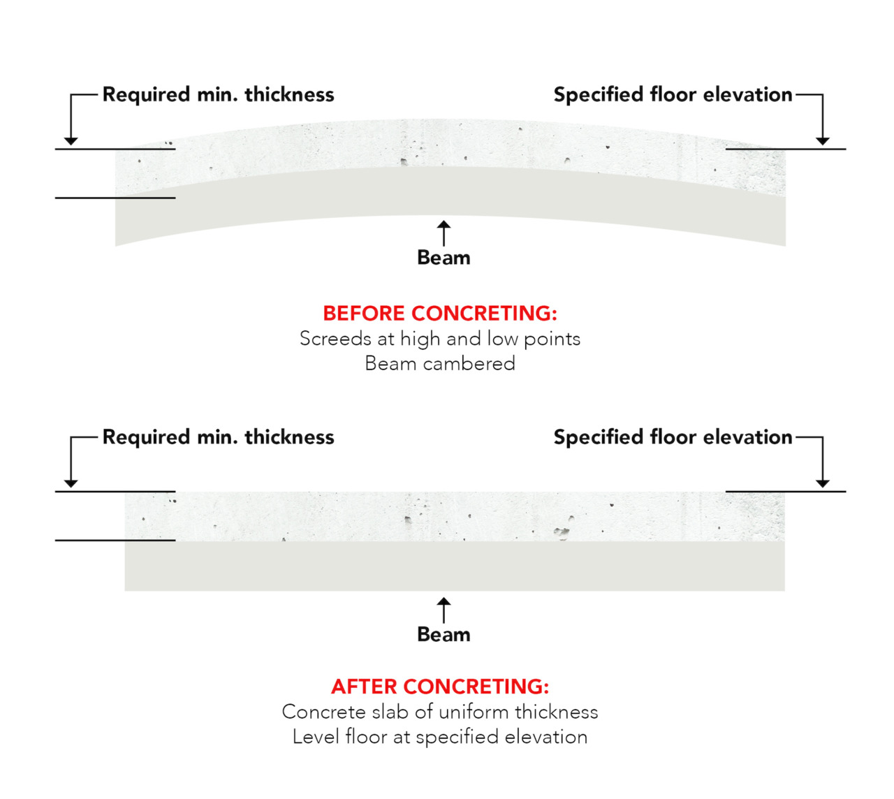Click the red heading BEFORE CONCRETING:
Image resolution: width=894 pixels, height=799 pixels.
(x=440, y=313)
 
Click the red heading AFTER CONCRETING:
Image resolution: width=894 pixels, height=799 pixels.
(x=440, y=687)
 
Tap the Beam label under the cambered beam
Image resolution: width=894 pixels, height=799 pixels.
(x=444, y=258)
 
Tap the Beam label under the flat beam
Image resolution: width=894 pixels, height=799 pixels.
(x=444, y=634)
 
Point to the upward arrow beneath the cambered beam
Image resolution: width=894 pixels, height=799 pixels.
(x=444, y=233)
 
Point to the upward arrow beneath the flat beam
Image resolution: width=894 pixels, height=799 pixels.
(x=444, y=609)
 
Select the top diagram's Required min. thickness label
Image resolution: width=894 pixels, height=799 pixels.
(x=218, y=94)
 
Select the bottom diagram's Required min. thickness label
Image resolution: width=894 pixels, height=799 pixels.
(x=218, y=437)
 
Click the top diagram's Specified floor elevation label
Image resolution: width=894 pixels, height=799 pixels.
(x=673, y=94)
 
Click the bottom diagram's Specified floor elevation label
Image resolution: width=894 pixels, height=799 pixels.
(x=673, y=437)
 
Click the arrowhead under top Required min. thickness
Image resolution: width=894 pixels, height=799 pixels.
(x=71, y=141)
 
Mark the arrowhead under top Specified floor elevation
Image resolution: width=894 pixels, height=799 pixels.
(x=823, y=141)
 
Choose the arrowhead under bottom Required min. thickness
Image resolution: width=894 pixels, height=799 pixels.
(x=71, y=483)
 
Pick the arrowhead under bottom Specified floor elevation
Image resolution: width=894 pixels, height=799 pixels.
(x=823, y=483)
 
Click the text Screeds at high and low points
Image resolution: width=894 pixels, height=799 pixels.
(x=440, y=339)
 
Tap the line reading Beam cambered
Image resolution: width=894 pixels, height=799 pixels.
(x=440, y=363)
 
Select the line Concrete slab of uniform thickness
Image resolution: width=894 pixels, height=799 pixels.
(x=440, y=712)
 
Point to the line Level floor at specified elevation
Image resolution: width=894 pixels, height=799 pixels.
(x=440, y=737)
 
